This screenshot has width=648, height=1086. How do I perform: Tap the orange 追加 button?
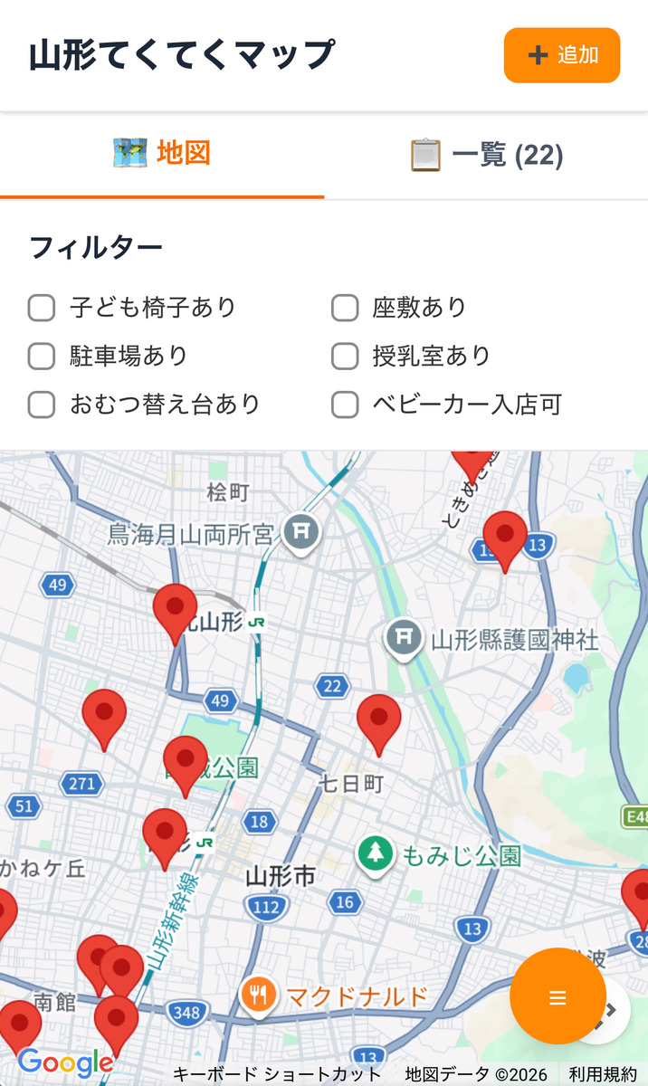(561, 55)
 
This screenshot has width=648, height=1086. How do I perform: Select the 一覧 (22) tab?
(487, 155)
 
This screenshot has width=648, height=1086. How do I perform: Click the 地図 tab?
(162, 154)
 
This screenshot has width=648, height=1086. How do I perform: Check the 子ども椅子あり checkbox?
(42, 308)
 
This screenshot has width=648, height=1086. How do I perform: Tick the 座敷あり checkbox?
(345, 308)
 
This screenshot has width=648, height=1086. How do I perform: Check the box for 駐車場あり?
(42, 356)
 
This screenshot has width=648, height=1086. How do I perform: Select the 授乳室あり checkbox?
(345, 356)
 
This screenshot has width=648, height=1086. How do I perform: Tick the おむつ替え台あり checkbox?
(42, 404)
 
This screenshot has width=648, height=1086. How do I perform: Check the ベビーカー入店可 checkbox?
(345, 404)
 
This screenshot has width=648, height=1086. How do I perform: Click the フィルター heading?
(96, 247)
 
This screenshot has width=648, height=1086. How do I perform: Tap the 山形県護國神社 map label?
(514, 641)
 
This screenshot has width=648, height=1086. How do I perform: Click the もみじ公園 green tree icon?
(375, 853)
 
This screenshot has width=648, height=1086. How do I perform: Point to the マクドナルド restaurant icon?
(259, 995)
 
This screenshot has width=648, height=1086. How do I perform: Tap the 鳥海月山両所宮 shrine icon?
(300, 532)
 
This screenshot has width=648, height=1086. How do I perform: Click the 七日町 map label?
(351, 783)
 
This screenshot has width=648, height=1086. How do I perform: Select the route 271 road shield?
(81, 784)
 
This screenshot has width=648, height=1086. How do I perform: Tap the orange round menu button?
(557, 996)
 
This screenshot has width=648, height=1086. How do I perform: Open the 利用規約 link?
(603, 1074)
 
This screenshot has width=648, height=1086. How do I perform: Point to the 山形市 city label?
(281, 875)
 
